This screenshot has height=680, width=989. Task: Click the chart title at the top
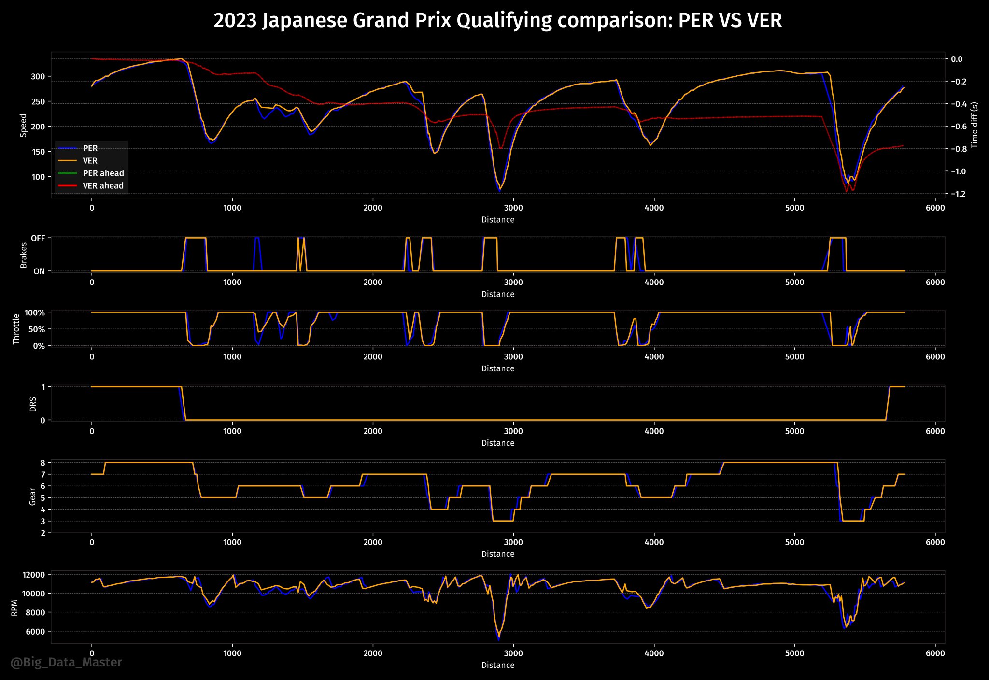(497, 21)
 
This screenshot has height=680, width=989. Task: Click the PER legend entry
(90, 148)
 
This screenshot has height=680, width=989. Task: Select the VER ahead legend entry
(103, 186)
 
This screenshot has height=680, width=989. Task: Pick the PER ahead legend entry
(103, 173)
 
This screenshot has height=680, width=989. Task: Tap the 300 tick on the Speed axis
(38, 77)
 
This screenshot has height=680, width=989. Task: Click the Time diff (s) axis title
(975, 125)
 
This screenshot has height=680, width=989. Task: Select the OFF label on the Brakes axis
(38, 238)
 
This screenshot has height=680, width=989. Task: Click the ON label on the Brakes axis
(39, 271)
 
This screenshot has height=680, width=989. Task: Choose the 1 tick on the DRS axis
(43, 387)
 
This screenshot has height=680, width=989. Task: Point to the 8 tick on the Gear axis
(43, 463)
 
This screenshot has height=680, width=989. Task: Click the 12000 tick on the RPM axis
(34, 575)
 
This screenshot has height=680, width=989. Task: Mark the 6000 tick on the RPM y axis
(36, 632)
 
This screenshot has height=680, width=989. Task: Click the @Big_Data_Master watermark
(66, 662)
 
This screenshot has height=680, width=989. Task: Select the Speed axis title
(23, 125)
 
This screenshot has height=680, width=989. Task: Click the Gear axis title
(33, 496)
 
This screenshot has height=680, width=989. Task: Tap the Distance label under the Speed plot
(498, 220)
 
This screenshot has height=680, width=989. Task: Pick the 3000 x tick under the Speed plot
(513, 208)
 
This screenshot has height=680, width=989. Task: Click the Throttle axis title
(16, 329)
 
